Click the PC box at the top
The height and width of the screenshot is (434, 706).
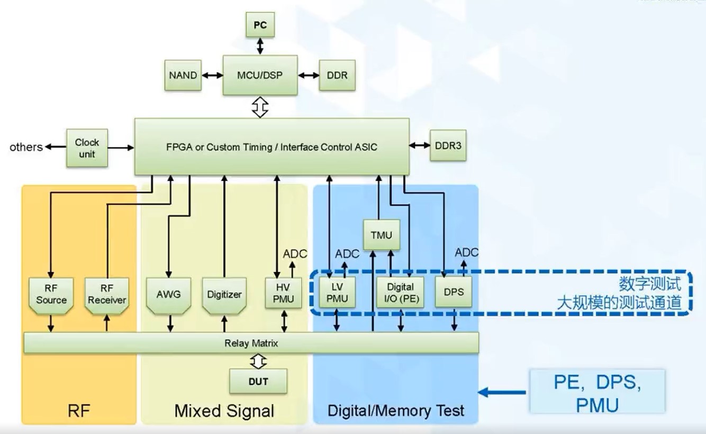pos(260,25)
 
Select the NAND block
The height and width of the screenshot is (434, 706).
pos(183,75)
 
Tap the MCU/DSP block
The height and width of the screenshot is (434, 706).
pos(260,75)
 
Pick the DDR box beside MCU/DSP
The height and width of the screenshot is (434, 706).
pos(337,75)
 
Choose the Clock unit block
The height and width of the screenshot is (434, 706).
pos(87,148)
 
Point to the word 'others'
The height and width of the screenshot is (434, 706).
pos(26,147)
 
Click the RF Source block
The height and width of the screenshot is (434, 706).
pos(51,295)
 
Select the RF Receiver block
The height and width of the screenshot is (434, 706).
pos(107,295)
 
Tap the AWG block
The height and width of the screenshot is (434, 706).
pos(169,295)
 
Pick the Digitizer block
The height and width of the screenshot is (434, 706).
pos(224,295)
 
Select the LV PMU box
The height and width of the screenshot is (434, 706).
pos(337,292)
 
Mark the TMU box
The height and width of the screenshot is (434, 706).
pos(381,235)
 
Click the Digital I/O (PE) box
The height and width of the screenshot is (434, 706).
pos(400,292)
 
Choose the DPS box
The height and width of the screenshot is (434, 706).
pos(454,291)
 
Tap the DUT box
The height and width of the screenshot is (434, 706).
pos(258,381)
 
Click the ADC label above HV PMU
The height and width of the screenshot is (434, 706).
pos(295,254)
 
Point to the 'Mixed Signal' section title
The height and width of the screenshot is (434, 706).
pos(224,411)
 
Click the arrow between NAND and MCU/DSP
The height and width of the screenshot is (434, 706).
pos(212,75)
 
